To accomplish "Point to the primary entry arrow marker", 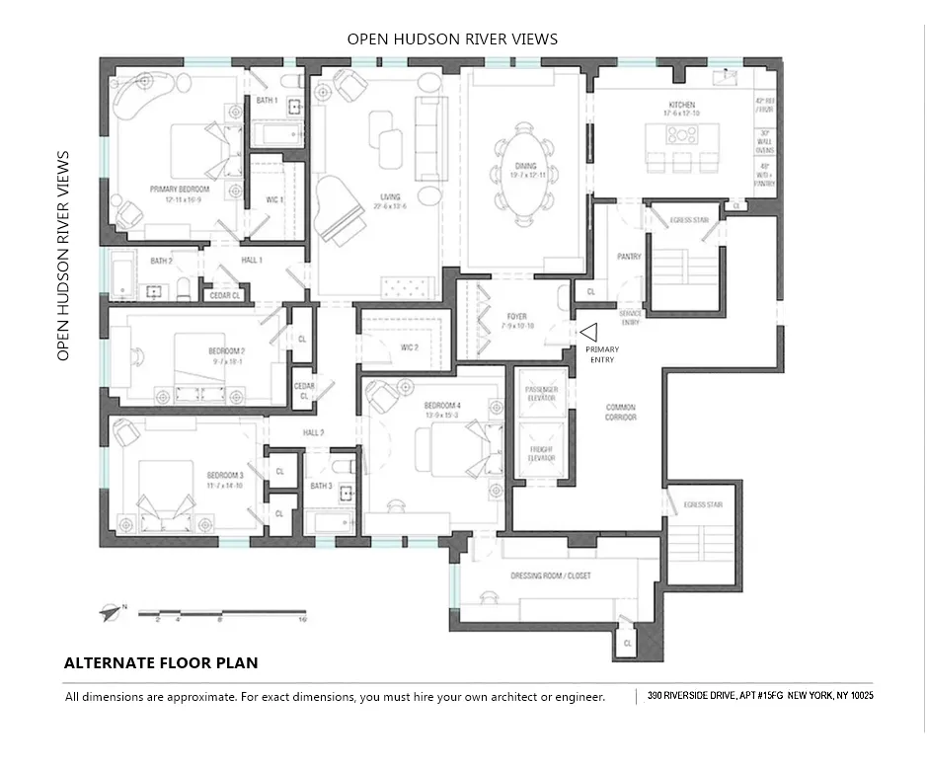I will [589, 334].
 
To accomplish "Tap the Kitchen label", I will [681, 105].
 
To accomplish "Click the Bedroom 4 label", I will [442, 406].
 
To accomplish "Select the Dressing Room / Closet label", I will [550, 576].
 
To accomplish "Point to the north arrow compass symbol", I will [109, 612].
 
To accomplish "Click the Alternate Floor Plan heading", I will [161, 663].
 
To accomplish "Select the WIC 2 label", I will [410, 347].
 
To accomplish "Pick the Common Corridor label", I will [620, 412].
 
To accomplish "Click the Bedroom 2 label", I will [226, 351].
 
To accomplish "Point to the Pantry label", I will [629, 257].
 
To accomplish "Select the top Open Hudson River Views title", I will [452, 39].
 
